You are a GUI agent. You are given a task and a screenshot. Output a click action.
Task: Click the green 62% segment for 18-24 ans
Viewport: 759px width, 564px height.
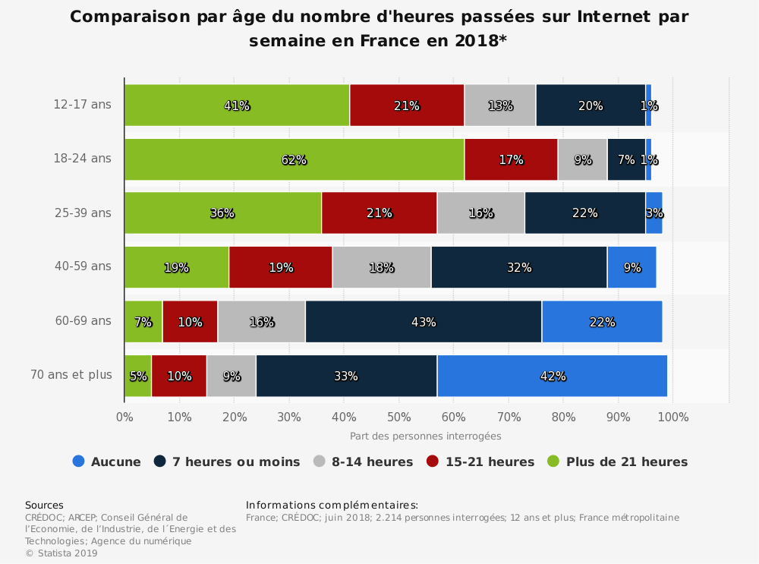tap(294, 159)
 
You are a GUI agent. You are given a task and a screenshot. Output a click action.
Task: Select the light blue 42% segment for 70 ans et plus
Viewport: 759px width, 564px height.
tap(552, 376)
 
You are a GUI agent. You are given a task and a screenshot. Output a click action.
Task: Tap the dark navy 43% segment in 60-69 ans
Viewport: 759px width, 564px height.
tap(424, 322)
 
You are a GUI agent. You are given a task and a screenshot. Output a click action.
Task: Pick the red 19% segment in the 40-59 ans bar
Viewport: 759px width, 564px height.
tap(280, 267)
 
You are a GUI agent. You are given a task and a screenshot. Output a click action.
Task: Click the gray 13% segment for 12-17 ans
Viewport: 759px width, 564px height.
tap(499, 106)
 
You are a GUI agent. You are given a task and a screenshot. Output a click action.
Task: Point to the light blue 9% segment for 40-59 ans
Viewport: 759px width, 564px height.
tap(631, 267)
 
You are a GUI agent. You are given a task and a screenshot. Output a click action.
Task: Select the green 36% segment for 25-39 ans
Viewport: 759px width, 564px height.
tap(222, 213)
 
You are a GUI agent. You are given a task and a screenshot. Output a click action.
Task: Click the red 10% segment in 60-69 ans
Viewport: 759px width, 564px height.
tap(190, 322)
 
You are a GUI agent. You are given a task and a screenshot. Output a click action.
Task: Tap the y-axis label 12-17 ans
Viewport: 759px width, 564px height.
tap(82, 105)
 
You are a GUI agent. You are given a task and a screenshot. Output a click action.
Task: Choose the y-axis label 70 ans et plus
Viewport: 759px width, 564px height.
tap(71, 375)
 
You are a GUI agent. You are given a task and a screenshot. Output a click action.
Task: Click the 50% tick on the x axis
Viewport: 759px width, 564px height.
tap(398, 417)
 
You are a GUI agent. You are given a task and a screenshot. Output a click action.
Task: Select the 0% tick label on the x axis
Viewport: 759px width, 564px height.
tap(124, 417)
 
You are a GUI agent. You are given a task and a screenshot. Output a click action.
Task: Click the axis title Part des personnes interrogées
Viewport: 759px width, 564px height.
tap(425, 436)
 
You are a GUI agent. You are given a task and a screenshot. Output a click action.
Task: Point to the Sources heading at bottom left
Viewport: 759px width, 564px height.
tap(44, 505)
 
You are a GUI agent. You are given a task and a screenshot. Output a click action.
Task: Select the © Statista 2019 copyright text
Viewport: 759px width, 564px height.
tap(61, 553)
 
